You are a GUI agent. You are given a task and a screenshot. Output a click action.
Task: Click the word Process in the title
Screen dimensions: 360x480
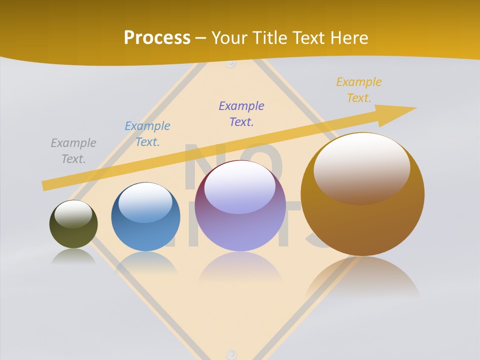tap(157, 38)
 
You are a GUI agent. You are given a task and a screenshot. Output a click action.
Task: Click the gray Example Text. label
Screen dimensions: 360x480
tap(73, 151)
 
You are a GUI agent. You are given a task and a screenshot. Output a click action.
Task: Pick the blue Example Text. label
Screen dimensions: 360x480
tap(147, 134)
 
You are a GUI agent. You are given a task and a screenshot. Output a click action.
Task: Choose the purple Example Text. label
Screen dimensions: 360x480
tap(241, 114)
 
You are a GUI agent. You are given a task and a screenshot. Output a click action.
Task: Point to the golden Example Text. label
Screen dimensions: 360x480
tap(358, 90)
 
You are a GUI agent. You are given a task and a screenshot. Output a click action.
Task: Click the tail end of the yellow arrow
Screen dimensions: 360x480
tap(44, 185)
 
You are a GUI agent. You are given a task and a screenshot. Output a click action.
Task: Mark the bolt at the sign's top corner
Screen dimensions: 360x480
tap(230, 63)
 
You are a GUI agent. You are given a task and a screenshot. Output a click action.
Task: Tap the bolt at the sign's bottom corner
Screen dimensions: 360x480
tap(230, 353)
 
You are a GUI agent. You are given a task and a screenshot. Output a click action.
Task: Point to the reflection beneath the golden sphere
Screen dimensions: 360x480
tap(362, 277)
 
